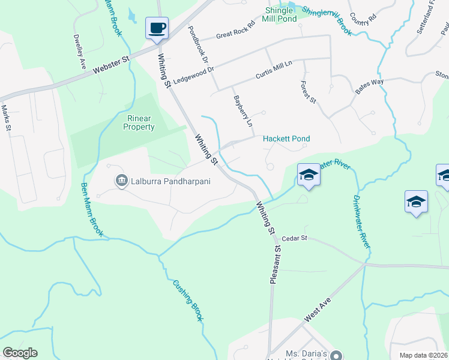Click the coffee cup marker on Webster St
[x=157, y=28]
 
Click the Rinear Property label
[x=139, y=122]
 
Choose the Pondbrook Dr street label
[x=197, y=45]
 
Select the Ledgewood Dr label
[x=193, y=76]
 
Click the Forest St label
[x=308, y=91]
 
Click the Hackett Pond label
[x=287, y=139]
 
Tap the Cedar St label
[x=294, y=238]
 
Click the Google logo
[x=19, y=353]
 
